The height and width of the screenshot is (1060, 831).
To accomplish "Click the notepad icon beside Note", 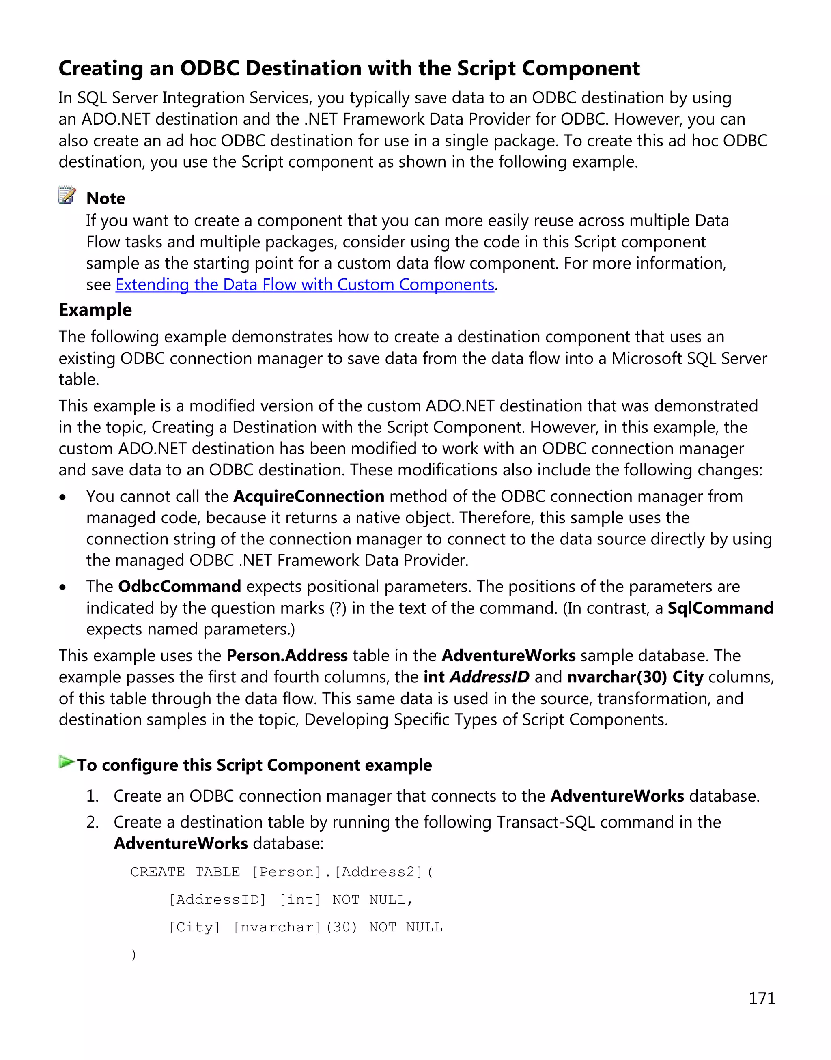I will tap(67, 195).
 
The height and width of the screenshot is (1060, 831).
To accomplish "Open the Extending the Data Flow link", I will tap(305, 285).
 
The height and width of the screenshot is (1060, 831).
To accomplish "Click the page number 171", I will tap(762, 999).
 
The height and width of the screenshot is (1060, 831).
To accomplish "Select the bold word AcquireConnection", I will tap(309, 496).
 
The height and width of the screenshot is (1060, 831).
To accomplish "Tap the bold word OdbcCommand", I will tap(179, 587).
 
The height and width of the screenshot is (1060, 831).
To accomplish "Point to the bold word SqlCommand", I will tap(720, 608).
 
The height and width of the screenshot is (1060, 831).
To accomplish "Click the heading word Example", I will tap(95, 310).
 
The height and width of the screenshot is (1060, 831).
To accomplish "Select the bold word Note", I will tap(105, 198).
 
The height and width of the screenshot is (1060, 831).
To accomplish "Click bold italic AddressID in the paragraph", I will tap(489, 677).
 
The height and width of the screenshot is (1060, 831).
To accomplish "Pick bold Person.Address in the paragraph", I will tap(287, 656).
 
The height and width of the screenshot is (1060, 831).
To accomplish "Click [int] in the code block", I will tap(300, 900).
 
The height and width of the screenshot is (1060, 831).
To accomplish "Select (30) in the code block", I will tap(342, 928).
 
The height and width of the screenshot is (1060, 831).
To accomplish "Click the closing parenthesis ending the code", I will tap(134, 955).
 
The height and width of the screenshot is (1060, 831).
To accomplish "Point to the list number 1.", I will tap(92, 796).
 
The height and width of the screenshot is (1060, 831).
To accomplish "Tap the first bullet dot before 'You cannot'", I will tap(62, 498).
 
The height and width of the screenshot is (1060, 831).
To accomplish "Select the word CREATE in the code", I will tap(157, 872).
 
